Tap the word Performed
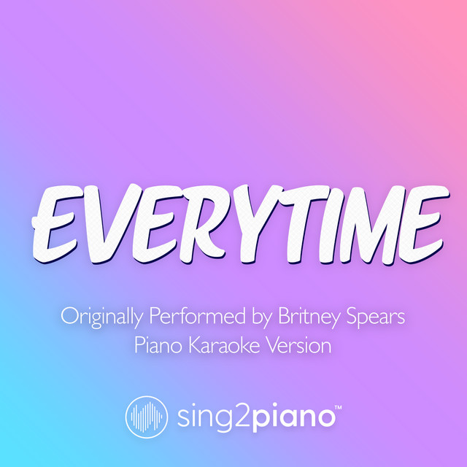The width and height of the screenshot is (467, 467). (190, 319)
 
